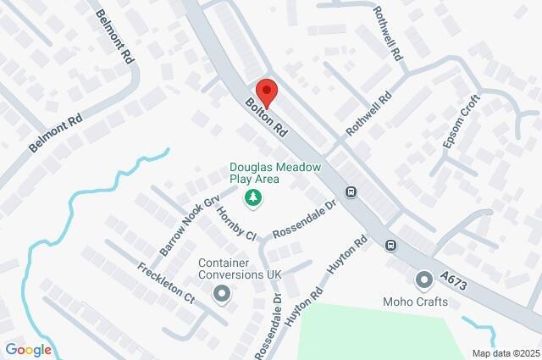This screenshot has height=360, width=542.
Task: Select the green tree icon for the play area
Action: [x=252, y=198]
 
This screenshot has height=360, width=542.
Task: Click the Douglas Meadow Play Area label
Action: [x=275, y=174]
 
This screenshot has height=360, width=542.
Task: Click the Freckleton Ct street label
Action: [x=166, y=284]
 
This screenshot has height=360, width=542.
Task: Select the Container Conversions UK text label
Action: [x=240, y=269]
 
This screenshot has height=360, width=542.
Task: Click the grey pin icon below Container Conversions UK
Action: [x=223, y=294]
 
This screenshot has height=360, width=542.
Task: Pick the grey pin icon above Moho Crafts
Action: [x=423, y=279]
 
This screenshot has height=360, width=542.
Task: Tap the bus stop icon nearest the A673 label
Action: [x=391, y=246]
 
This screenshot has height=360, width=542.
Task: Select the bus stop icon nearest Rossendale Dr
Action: [x=351, y=191]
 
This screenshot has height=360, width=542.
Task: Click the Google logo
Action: [x=28, y=349]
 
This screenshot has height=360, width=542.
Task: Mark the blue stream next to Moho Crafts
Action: [x=474, y=325]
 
